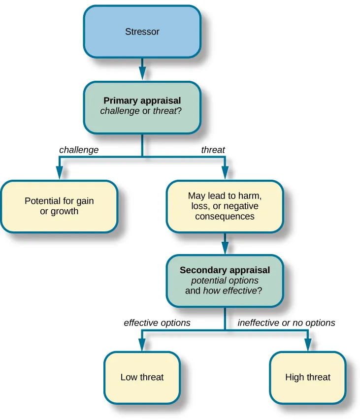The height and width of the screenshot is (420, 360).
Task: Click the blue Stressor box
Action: pyautogui.click(x=142, y=32)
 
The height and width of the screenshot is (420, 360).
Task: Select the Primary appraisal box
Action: pyautogui.click(x=142, y=106)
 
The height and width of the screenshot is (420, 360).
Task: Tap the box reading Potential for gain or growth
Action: pyautogui.click(x=59, y=206)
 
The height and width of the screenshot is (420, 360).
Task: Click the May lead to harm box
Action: pyautogui.click(x=225, y=206)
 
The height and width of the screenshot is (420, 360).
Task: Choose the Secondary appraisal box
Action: pyautogui.click(x=225, y=280)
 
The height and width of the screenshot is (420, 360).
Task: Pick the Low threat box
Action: pyautogui.click(x=142, y=378)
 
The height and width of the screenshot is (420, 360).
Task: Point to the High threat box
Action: pyautogui.click(x=308, y=378)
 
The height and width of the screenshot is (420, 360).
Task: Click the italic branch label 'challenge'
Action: pyautogui.click(x=79, y=150)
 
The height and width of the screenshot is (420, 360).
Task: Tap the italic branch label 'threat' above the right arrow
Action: pyautogui.click(x=213, y=150)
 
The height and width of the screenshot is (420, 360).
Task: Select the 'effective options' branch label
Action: pyautogui.click(x=157, y=323)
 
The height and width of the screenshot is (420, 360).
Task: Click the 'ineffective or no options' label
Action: pyautogui.click(x=286, y=323)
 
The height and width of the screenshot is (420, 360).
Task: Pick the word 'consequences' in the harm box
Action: pyautogui.click(x=225, y=216)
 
